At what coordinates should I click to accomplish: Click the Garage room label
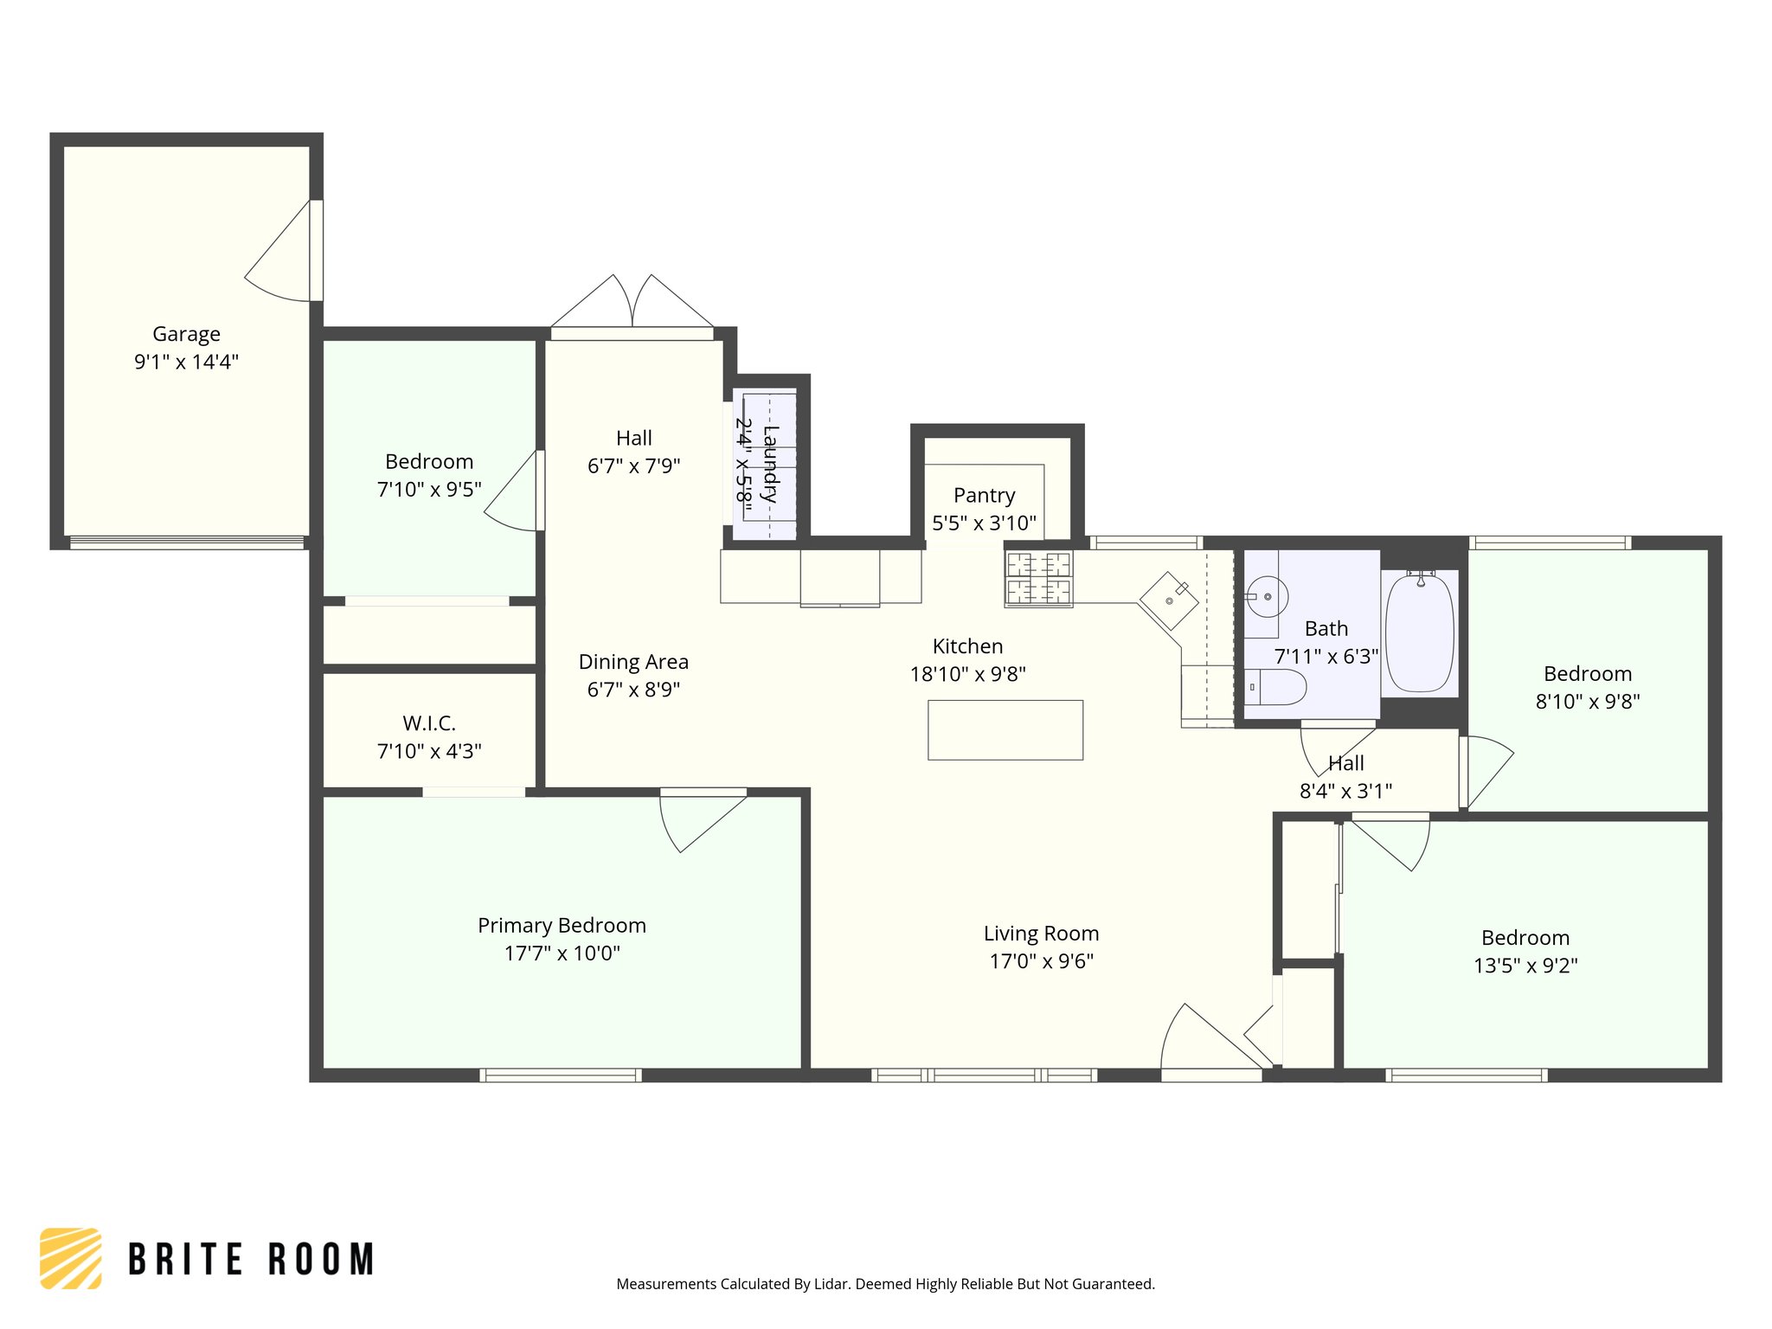coord(186,334)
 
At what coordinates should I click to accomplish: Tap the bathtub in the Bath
coord(1419,633)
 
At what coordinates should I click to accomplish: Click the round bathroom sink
coord(1267,597)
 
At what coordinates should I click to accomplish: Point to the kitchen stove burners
coord(1038,578)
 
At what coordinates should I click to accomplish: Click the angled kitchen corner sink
coord(1169,600)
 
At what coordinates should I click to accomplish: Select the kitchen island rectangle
coord(1005,730)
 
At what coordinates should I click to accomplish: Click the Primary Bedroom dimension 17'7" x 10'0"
coord(562,953)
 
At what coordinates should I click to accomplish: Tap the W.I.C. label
coord(428,723)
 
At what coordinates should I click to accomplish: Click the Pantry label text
coord(984,496)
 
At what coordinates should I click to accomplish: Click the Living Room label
coord(1041,934)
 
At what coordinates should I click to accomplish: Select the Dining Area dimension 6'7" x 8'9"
coord(633,690)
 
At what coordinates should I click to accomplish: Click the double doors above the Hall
coord(632,304)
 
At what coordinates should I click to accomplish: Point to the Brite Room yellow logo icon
coord(71,1258)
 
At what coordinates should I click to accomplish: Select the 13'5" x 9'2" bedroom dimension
coord(1525,966)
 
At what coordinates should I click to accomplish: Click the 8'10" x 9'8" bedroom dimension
coord(1587,702)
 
